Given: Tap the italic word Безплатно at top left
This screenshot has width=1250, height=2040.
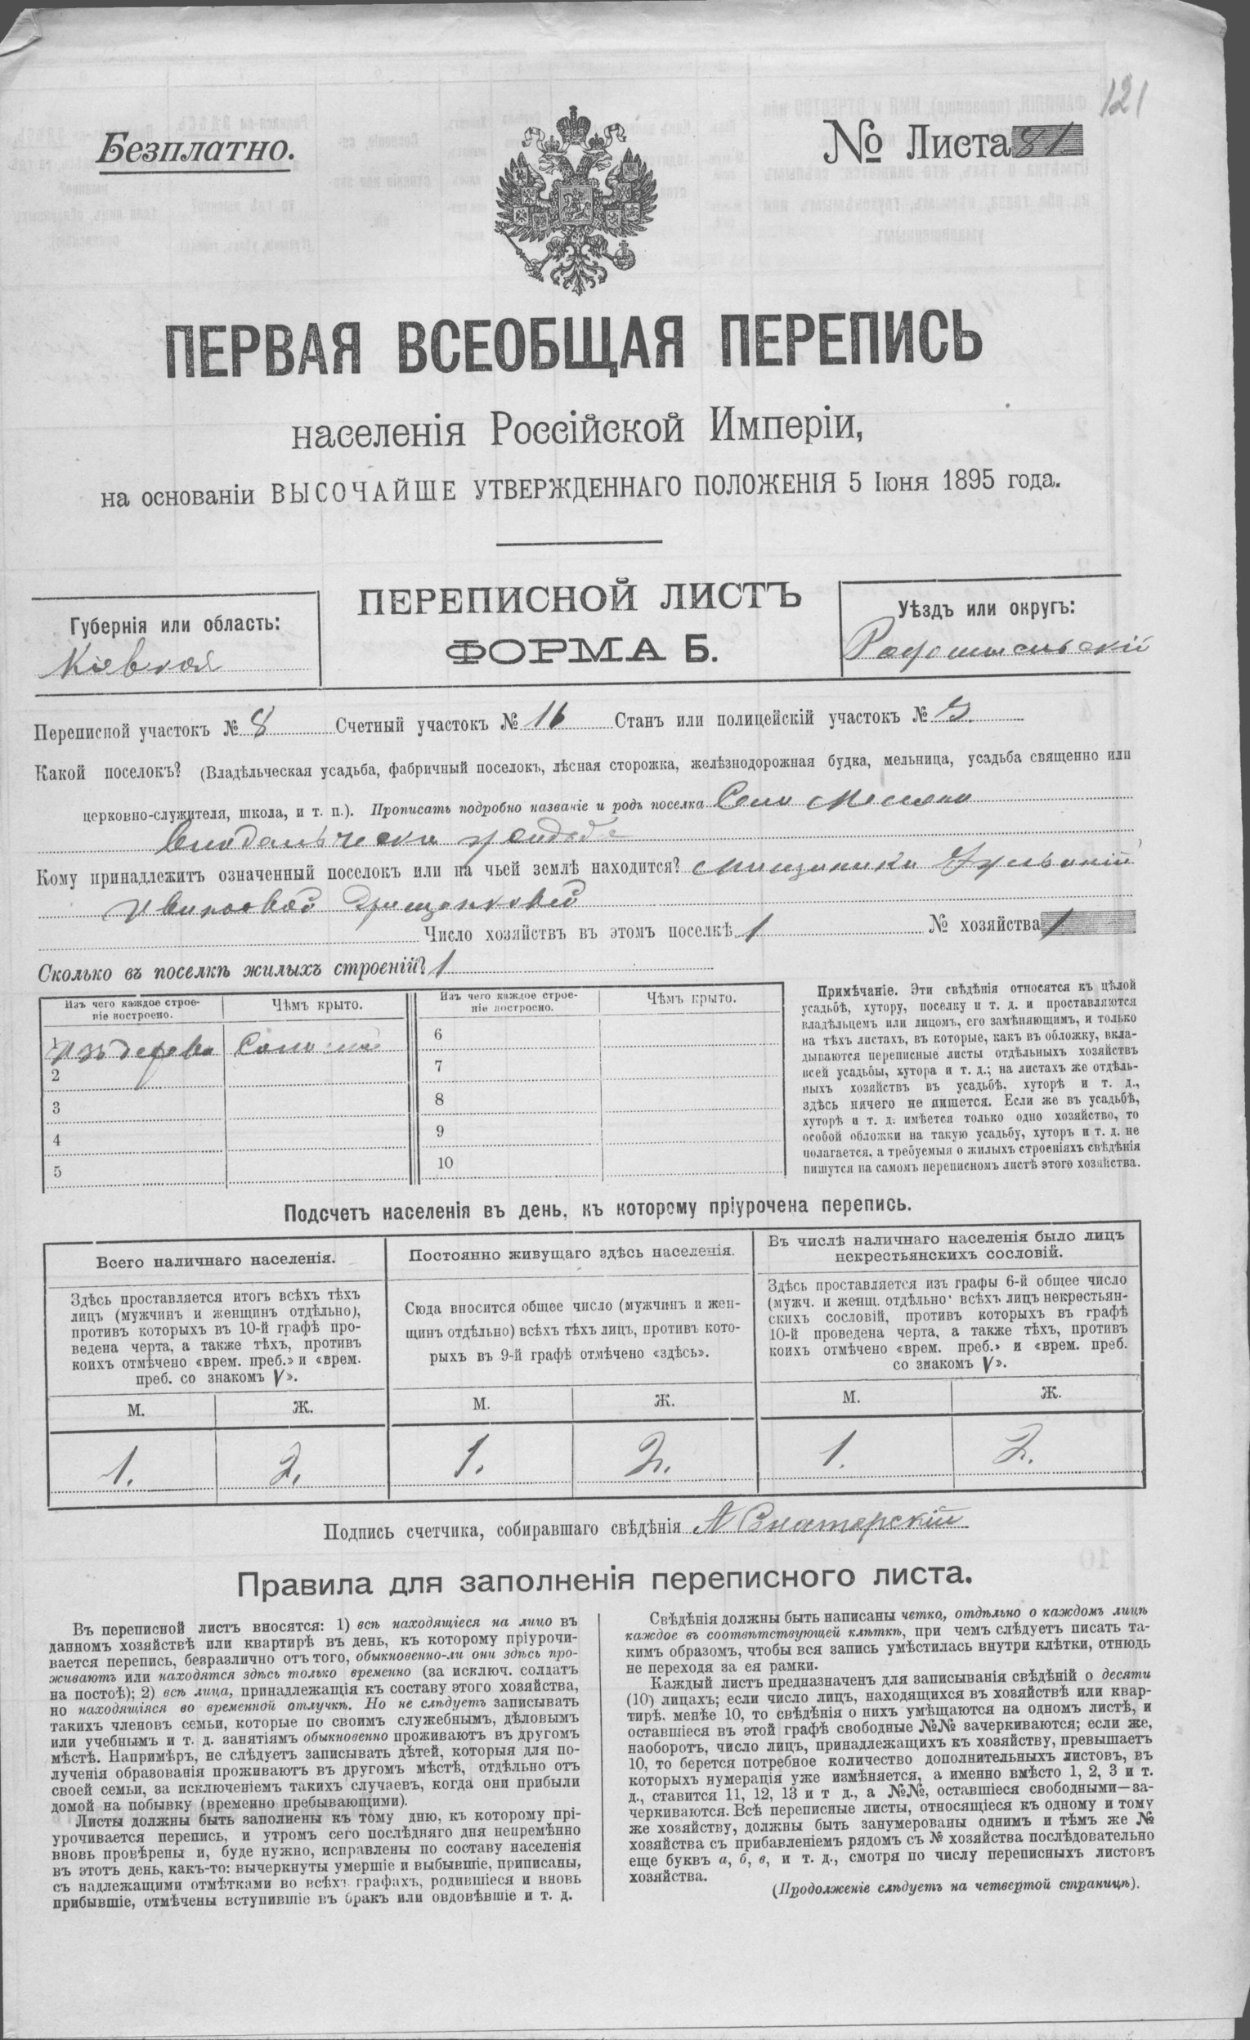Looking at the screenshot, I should pyautogui.click(x=195, y=150).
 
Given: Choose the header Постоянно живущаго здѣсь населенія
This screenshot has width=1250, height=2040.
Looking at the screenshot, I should pyautogui.click(x=571, y=1251).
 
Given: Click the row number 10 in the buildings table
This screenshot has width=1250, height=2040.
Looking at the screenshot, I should pyautogui.click(x=446, y=1163).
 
